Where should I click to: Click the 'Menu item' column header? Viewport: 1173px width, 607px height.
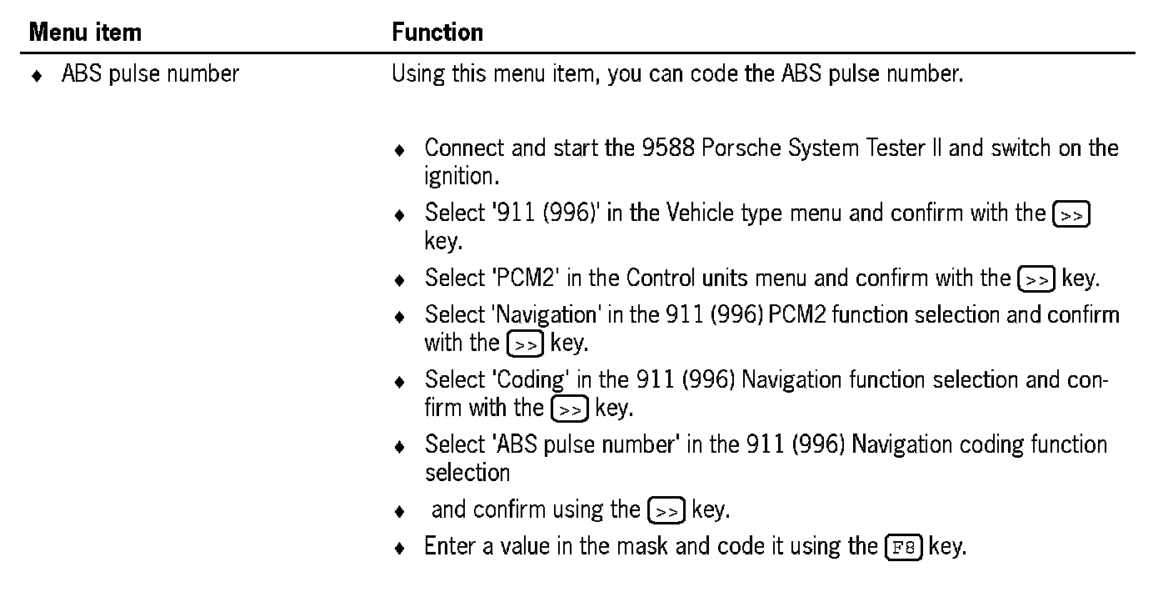pos(85,33)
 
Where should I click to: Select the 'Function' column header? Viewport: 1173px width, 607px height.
pos(437,33)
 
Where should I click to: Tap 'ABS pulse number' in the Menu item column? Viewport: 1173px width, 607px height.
pos(150,74)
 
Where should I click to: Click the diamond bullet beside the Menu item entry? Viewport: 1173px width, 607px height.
pos(36,76)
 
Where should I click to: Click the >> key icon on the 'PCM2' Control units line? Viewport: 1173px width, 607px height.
pos(1036,279)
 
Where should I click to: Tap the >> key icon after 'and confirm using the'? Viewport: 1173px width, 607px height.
pos(666,510)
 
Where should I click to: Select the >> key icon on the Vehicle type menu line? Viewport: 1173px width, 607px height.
pos(1071,214)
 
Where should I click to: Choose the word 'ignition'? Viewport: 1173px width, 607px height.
pos(454,177)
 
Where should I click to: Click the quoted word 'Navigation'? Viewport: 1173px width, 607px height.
pos(546,315)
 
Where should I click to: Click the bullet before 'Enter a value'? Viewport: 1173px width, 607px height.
pos(401,549)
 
